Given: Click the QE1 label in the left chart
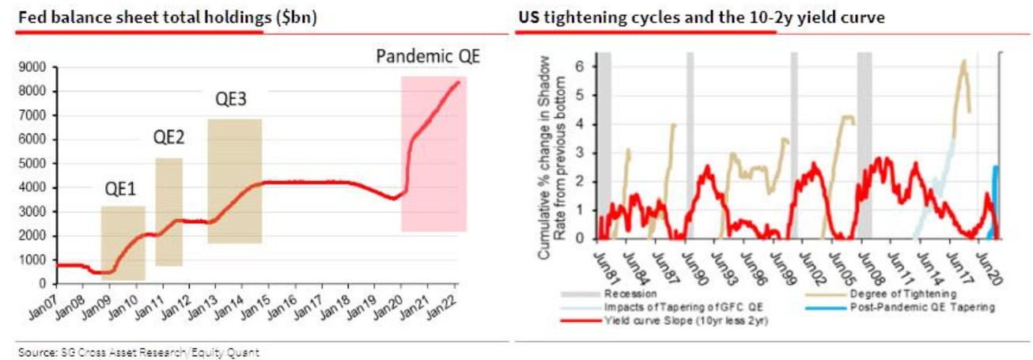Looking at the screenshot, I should point(123,190).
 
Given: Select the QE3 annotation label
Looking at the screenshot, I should point(232,100).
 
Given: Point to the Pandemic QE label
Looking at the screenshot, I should point(428,57).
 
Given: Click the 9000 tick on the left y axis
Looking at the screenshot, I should point(32,68).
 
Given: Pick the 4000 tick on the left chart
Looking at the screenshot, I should point(32,188).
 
